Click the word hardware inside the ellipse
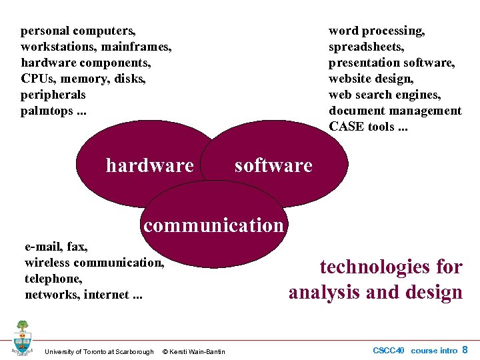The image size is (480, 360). (149, 165)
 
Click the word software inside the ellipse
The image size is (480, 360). (273, 165)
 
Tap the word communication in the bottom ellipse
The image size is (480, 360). (213, 225)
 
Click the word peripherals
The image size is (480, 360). (53, 95)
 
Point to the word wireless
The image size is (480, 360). (47, 263)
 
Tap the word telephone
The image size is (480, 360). (52, 279)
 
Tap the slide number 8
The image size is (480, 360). (465, 349)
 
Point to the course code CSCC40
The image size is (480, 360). (389, 350)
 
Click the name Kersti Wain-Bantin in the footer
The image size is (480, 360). (198, 351)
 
